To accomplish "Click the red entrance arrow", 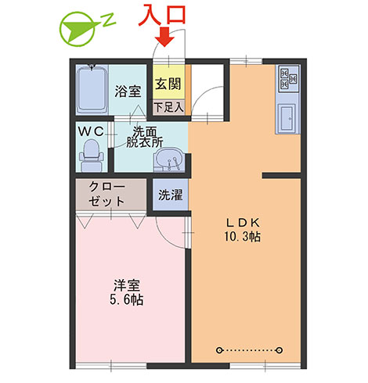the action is pos(164,37).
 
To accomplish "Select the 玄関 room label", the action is pos(168,84).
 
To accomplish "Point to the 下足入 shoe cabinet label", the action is pos(168,107).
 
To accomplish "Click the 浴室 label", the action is pos(128,91).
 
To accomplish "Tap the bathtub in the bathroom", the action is pos(92,89).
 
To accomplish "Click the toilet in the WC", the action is pos(91,156).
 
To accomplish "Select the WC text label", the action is pos(91,131).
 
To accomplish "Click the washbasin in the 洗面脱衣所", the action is pos(169,160).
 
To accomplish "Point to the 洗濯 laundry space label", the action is pos(171,195).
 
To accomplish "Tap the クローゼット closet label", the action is pos(106,194).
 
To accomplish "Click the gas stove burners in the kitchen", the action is pos(288,78).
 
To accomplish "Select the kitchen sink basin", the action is pos(287,118).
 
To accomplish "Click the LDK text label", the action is pos(243,223).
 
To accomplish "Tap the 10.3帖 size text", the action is pos(243,237).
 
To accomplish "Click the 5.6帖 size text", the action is pos(127,299).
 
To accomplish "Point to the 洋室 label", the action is pos(127,285).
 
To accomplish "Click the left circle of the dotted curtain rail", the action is pos(219,350).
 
